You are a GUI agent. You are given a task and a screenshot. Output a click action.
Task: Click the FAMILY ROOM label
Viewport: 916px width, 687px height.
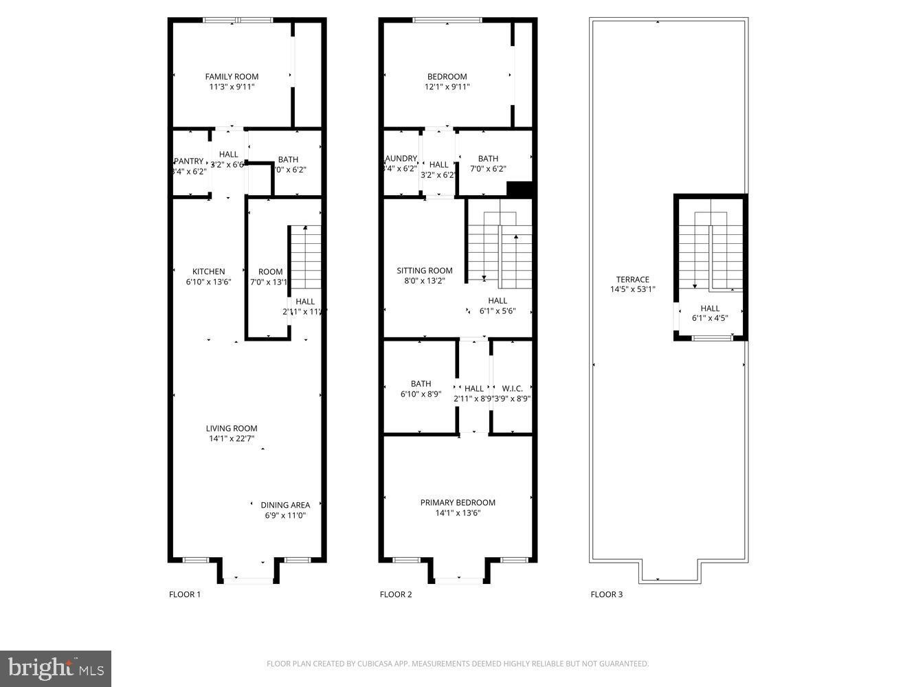point(232,77)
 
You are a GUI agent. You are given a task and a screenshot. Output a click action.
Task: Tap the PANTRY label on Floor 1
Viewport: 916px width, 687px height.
point(188,161)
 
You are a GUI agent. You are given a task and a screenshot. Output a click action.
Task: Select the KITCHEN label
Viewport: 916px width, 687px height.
point(208,271)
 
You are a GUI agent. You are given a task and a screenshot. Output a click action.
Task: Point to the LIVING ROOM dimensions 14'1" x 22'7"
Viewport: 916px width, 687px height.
point(233,438)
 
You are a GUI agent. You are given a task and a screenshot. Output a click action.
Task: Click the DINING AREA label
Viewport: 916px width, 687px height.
point(285,505)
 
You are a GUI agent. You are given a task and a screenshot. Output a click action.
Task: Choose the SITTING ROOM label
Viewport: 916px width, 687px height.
point(424,271)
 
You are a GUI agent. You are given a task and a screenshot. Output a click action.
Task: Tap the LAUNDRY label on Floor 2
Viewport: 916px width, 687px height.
point(401,159)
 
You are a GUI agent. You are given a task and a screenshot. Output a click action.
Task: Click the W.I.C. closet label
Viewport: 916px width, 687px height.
point(512,389)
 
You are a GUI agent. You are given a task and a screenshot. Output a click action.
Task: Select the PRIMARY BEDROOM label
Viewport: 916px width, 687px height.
point(458,502)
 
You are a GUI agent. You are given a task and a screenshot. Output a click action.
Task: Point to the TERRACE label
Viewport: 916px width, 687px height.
point(632,280)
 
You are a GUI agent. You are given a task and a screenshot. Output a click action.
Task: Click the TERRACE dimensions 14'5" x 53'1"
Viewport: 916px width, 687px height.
point(632,289)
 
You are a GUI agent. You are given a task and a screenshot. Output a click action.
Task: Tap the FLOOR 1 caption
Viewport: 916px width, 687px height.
point(185,594)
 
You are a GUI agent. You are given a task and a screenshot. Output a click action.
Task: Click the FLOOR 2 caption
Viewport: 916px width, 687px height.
point(396,594)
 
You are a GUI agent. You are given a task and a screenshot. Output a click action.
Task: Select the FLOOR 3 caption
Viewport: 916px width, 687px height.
point(607,594)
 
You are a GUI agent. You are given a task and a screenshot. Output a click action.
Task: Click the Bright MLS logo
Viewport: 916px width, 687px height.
point(56,668)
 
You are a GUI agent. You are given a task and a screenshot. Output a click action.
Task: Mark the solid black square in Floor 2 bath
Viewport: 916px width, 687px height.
point(520,189)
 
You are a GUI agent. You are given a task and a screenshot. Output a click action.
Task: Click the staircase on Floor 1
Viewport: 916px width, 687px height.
point(305,258)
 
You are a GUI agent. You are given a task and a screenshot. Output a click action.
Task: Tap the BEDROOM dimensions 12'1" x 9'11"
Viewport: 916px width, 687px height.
point(447,87)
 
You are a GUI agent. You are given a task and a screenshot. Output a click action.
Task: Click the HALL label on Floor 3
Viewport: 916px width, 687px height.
point(710,308)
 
